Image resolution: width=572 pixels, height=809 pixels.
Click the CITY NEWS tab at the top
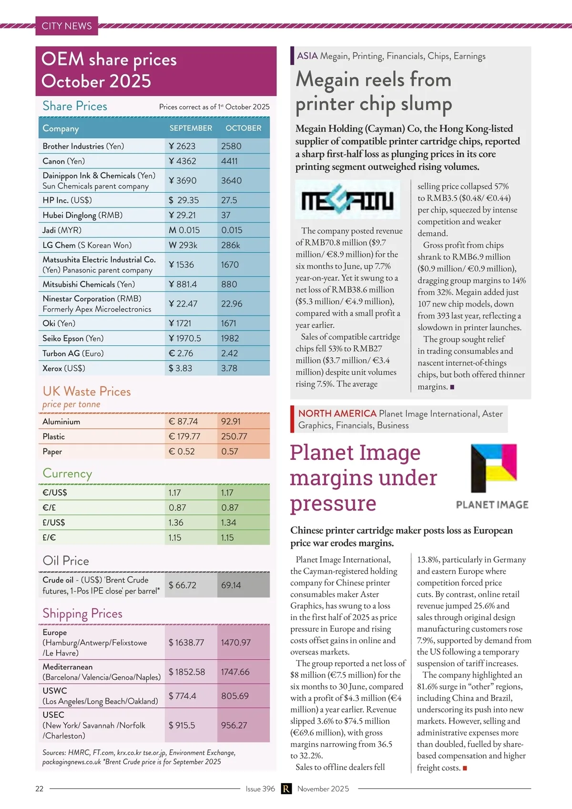[67, 26]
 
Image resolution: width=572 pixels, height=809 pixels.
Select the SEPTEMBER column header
[191, 128]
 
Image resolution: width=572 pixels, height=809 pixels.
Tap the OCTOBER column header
[243, 128]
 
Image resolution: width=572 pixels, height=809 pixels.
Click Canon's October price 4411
[229, 161]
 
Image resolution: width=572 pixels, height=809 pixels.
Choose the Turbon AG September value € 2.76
[181, 353]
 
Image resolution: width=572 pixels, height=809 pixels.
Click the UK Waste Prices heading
[87, 392]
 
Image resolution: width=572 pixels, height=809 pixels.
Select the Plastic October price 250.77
[234, 436]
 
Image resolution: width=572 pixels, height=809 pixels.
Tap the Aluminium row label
[61, 422]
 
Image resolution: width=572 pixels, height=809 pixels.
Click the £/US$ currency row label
[54, 522]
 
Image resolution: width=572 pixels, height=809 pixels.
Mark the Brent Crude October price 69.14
[231, 585]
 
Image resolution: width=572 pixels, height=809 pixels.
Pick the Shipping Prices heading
[82, 613]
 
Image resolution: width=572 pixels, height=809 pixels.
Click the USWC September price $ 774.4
[182, 696]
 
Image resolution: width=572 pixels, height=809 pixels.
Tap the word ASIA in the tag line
[307, 56]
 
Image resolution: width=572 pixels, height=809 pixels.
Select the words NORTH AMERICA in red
[337, 414]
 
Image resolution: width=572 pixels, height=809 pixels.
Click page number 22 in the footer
[40, 788]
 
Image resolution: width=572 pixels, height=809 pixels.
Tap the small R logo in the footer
[286, 788]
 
